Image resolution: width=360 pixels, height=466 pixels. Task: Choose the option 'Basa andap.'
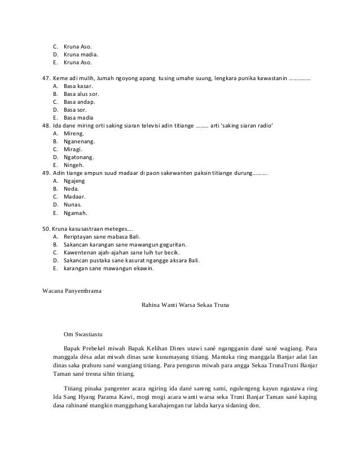click(80, 102)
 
